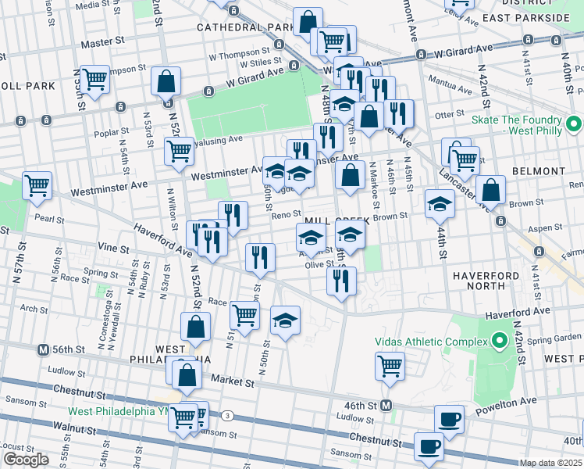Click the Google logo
(26, 459)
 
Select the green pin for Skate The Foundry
(574, 124)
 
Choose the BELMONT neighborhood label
(538, 170)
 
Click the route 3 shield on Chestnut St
(227, 415)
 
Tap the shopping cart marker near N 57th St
(37, 186)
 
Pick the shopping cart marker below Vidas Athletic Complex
(390, 364)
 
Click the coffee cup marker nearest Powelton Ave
(449, 418)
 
